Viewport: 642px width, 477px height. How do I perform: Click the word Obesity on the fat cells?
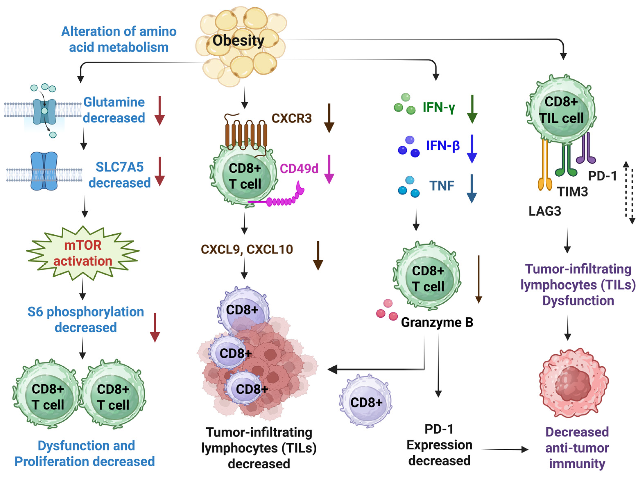pos(238,40)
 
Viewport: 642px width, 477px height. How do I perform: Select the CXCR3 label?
pos(291,118)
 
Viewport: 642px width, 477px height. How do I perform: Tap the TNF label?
pos(442,186)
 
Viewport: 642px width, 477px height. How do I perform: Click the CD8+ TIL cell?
pos(561,110)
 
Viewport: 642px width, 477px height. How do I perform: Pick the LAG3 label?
pos(545,211)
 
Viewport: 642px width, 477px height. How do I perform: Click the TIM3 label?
pos(572,191)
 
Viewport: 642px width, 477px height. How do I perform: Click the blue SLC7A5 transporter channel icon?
pos(44,171)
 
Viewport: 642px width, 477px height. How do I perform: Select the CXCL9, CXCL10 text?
pos(247,249)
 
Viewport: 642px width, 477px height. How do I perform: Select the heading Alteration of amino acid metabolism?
pos(119,39)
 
